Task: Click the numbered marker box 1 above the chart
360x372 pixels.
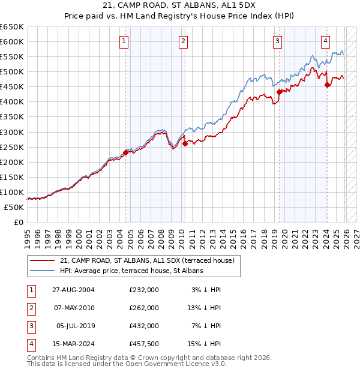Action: (124, 41)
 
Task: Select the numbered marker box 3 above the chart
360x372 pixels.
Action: (278, 41)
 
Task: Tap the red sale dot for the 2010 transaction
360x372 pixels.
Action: (185, 143)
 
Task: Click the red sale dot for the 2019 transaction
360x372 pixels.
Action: (280, 91)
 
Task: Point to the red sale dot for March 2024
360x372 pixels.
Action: (327, 85)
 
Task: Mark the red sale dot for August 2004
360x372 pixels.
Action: (126, 152)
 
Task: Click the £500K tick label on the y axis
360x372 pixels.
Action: (12, 71)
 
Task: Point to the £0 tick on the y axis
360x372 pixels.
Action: (18, 222)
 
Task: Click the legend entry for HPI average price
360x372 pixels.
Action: (131, 271)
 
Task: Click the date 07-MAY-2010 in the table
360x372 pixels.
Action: (73, 308)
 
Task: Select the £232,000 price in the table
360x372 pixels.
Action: (144, 290)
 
